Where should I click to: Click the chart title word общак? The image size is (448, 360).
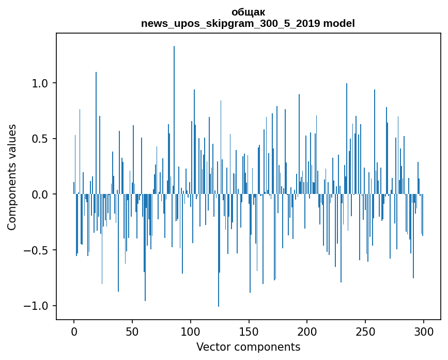click(x=248, y=12)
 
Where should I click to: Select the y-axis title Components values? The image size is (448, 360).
click(x=12, y=177)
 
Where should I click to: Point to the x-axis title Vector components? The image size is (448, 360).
click(x=248, y=347)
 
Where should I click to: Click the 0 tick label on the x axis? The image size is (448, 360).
click(x=74, y=331)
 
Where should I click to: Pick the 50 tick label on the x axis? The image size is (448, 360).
click(x=132, y=331)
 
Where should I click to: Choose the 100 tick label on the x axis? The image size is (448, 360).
click(x=191, y=331)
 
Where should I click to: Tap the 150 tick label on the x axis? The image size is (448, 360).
click(x=249, y=331)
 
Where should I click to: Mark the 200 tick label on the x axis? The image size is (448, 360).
click(x=307, y=331)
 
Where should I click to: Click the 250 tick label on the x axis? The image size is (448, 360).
click(x=365, y=331)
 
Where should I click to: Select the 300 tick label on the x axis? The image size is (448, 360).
click(x=424, y=331)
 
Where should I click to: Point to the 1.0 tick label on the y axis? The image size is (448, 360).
click(x=40, y=83)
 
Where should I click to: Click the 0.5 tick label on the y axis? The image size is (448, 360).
click(x=40, y=139)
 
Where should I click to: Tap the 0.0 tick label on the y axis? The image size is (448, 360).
click(x=40, y=194)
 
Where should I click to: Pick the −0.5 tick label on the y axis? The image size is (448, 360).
click(x=37, y=250)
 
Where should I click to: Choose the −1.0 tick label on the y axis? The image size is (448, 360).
click(x=37, y=306)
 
